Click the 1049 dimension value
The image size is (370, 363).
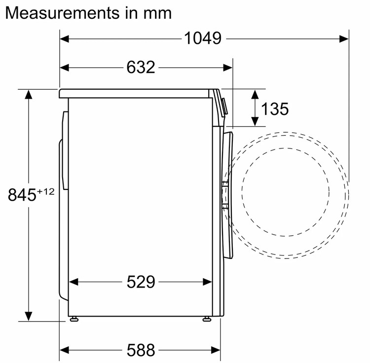(203, 38)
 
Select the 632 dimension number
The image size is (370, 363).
(141, 67)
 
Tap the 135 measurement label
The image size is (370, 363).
(275, 109)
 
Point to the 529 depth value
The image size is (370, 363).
(141, 282)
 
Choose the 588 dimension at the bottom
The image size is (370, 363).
(141, 350)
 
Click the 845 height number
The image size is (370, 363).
(22, 195)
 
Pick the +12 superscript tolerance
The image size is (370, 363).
(45, 191)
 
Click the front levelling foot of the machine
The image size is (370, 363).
(207, 319)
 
